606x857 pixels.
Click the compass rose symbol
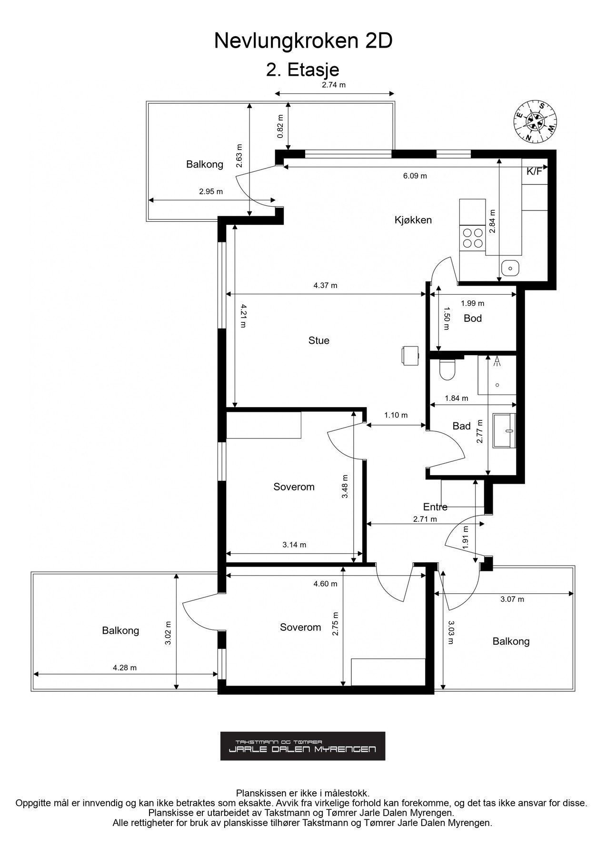(536, 121)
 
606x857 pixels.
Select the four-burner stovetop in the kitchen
(472, 238)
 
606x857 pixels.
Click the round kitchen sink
(510, 269)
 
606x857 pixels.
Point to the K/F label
(534, 172)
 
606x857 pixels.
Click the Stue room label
(318, 340)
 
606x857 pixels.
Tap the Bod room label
(473, 318)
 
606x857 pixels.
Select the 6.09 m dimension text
(415, 176)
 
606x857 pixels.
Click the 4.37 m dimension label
(325, 286)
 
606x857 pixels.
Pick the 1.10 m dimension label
(396, 415)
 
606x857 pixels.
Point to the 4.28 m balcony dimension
(125, 668)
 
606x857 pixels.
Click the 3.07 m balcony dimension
(512, 599)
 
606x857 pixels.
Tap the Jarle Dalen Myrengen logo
(303, 746)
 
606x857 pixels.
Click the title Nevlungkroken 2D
(303, 41)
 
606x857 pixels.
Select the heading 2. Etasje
(303, 70)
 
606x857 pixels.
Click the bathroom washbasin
(505, 430)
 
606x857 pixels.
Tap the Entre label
(435, 507)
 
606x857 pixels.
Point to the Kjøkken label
(413, 220)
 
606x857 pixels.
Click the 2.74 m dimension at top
(334, 85)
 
